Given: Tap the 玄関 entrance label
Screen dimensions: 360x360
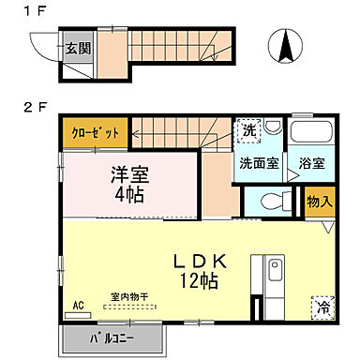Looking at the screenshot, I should [78, 48].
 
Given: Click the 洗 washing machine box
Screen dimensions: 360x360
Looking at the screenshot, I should [249, 130].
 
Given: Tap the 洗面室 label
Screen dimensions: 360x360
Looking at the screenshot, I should [257, 162].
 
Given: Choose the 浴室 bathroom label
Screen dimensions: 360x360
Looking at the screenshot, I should [311, 162].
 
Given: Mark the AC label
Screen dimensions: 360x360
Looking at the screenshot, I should [78, 306].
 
